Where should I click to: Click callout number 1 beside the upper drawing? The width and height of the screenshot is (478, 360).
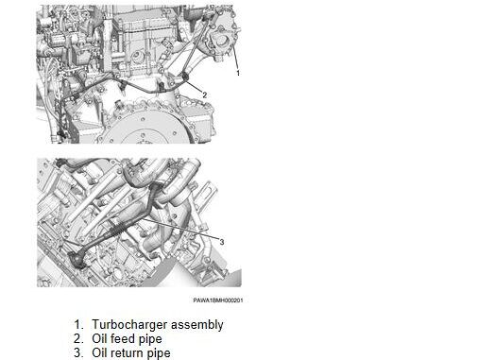238,73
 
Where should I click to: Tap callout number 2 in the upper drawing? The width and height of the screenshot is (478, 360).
205,94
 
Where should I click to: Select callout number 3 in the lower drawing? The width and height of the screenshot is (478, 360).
222,242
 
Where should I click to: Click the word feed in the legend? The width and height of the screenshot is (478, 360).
127,338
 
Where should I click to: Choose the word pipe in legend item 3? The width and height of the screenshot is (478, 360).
162,353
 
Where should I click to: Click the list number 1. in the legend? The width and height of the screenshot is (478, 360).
78,324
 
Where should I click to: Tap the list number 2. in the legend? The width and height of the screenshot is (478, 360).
78,338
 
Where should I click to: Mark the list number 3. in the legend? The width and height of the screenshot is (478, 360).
78,352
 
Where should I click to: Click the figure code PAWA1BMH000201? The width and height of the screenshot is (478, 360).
218,300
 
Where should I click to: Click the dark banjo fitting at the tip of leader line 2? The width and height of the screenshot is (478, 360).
184,77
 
